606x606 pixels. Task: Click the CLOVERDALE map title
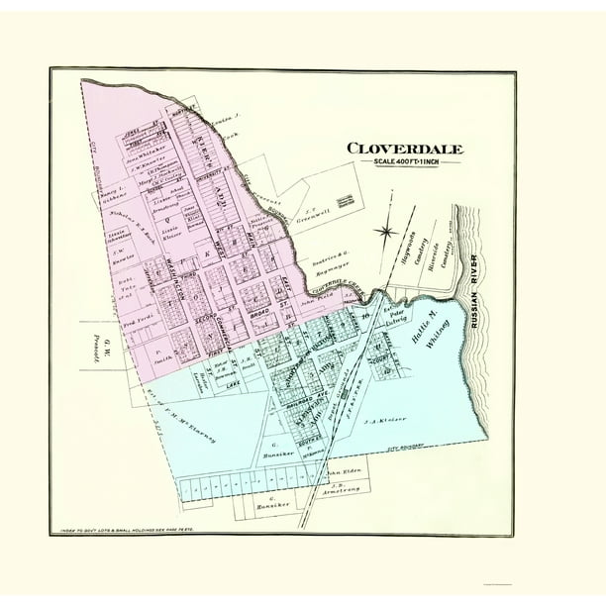(404, 150)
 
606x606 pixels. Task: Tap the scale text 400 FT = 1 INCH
(404, 163)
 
